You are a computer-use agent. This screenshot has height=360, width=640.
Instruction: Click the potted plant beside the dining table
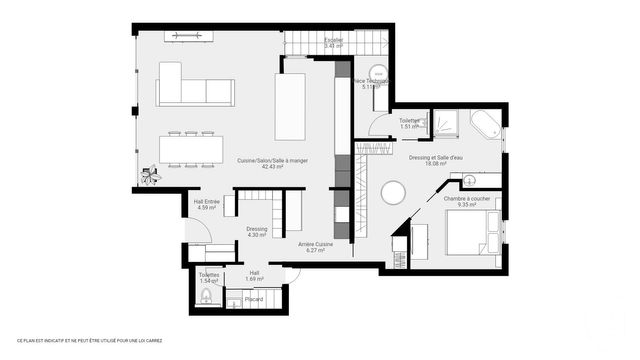point(150,176)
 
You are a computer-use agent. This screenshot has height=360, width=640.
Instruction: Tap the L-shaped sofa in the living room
point(196,88)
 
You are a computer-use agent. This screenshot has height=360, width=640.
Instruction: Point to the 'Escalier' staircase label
point(334,40)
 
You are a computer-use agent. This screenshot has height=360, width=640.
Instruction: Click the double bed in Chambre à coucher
point(461,237)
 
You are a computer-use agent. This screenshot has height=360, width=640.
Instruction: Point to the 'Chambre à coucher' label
point(466,198)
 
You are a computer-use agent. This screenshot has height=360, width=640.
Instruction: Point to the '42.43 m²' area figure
point(272,168)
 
